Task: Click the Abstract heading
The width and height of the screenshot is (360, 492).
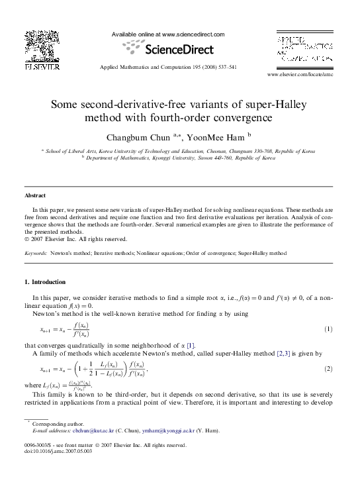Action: [35, 196]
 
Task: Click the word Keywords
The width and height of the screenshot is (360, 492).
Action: [35, 253]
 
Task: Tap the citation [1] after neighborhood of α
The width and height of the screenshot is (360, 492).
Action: [191, 346]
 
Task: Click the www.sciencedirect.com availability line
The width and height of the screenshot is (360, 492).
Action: [168, 34]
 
